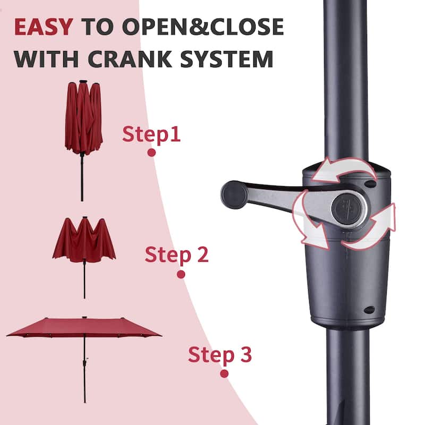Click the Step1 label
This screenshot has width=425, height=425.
click(151, 134)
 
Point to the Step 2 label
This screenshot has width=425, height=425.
click(176, 255)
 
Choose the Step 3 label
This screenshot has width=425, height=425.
click(219, 354)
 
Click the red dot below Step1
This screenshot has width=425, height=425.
click(151, 152)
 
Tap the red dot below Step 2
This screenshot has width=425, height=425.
click(181, 275)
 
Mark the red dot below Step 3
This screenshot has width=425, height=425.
click(224, 373)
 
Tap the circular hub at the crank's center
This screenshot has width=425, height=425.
click(348, 208)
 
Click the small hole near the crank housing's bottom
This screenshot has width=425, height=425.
click(369, 310)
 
